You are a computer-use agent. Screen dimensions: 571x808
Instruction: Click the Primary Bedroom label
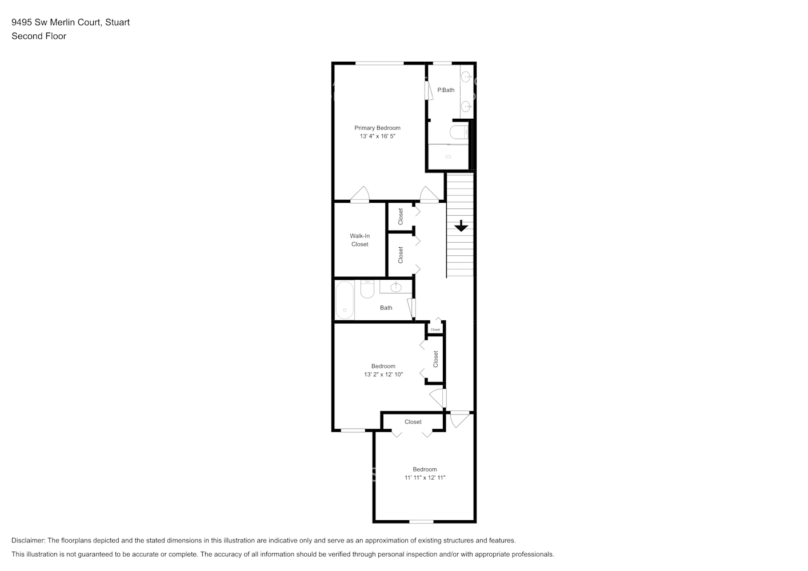(377, 128)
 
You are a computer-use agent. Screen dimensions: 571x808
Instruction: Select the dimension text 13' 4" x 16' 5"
(377, 136)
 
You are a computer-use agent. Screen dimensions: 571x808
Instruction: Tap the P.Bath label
(446, 90)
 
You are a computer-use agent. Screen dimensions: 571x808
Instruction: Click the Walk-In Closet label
(359, 240)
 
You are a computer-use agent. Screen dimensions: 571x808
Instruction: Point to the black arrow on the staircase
(461, 226)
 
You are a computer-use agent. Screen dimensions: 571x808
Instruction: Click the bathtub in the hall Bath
(344, 300)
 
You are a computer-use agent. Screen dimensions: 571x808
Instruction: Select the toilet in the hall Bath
(367, 289)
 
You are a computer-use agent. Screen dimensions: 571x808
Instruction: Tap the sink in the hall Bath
(395, 286)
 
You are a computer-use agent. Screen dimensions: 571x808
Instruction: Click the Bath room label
(386, 308)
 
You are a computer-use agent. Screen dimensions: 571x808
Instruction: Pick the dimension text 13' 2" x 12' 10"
(383, 375)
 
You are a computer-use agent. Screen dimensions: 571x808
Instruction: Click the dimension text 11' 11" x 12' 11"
(425, 477)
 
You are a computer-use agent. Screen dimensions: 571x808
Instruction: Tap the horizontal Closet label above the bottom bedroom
(413, 422)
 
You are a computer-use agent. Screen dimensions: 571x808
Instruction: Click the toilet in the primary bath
(458, 133)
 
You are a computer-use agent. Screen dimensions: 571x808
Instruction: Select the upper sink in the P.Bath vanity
(467, 76)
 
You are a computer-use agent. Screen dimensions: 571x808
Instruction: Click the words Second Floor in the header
(39, 36)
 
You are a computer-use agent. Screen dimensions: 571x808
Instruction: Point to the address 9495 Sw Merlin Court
(57, 22)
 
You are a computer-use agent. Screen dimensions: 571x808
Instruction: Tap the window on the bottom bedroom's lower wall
(421, 521)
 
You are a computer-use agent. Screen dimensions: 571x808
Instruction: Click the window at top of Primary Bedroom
(379, 63)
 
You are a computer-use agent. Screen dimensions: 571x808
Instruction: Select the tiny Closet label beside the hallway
(435, 329)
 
